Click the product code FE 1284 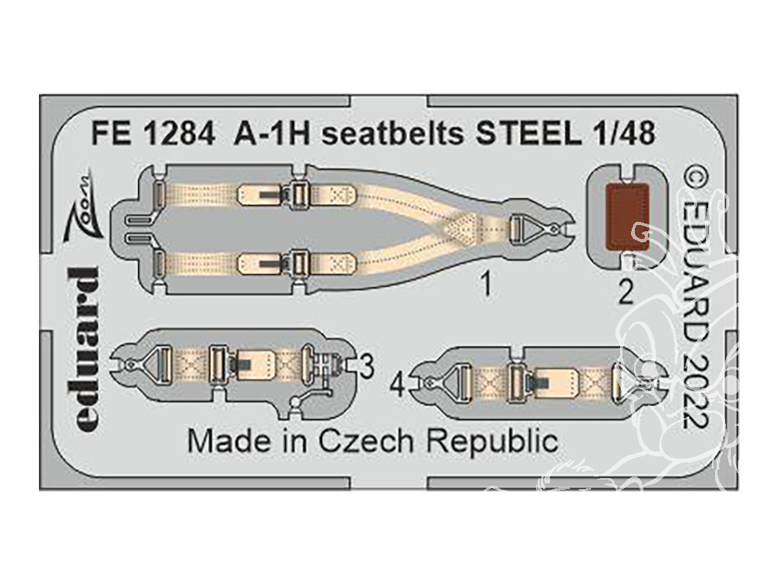coord(153,133)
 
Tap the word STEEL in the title coord(529,133)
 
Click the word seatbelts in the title coord(393,133)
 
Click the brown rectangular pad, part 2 coord(628,216)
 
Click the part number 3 coord(367,368)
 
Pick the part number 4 coord(399,386)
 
